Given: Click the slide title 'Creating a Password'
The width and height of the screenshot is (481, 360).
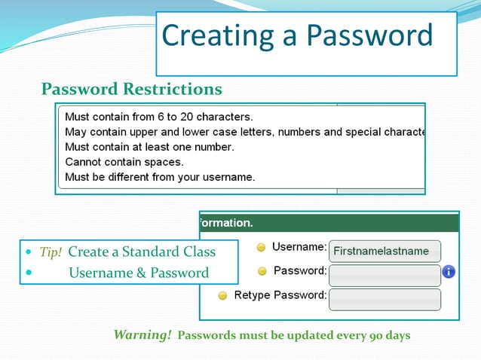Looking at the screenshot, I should pos(297,36).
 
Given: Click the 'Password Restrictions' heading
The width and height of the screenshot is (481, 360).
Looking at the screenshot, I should pos(131,90).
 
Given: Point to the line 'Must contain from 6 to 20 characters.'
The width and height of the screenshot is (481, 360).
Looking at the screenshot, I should pos(158,117).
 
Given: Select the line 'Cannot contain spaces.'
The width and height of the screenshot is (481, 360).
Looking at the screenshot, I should pos(124,162).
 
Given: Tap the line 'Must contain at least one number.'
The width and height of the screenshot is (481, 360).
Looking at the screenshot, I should pos(149,147).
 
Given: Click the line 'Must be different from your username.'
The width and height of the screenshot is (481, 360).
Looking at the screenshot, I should pos(160,177).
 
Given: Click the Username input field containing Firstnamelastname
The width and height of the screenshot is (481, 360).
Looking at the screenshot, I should pos(384,251).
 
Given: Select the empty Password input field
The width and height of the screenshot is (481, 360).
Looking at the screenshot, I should pos(384,275).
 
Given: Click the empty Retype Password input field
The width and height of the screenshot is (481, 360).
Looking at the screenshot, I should pos(384,299).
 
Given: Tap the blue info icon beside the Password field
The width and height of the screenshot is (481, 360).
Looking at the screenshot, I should pos(449,271).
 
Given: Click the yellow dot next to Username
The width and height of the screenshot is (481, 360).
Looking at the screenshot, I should pos(261,247).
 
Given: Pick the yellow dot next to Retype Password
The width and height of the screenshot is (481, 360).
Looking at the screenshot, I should pos(222,296).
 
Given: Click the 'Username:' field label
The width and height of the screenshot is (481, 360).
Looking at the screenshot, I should pos(299,246).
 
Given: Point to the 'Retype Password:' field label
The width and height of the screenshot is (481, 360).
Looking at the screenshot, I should pos(280,295).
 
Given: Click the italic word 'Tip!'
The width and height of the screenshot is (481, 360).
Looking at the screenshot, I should pos(51,252).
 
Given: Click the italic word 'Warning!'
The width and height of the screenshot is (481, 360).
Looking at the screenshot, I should pos(142,334).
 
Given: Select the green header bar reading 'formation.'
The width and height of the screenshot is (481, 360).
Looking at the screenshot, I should pos(329,223).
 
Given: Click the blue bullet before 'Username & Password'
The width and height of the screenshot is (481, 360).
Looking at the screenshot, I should pos(29,273).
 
